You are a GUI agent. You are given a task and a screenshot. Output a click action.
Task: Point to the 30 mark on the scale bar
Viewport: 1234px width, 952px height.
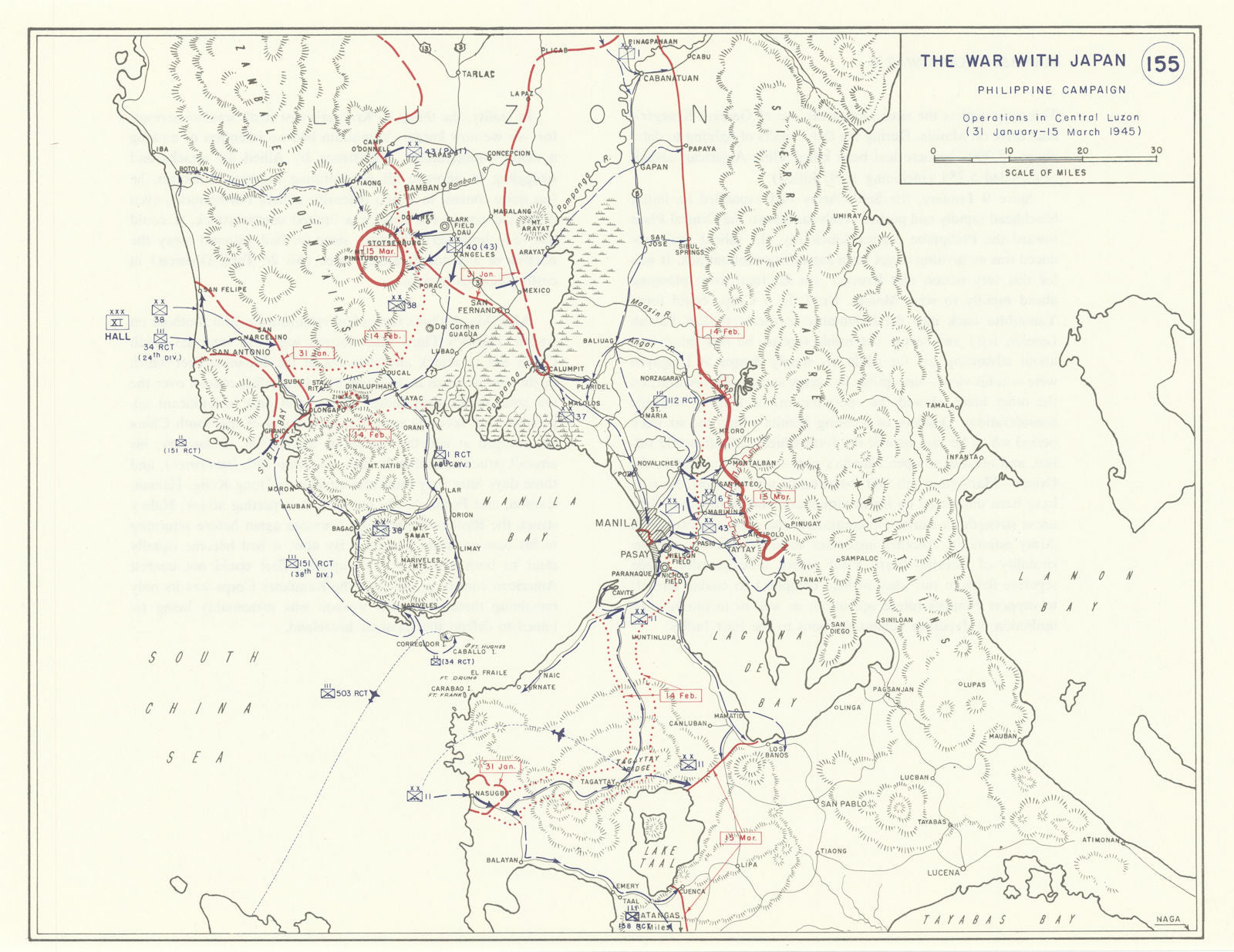tap(1155, 151)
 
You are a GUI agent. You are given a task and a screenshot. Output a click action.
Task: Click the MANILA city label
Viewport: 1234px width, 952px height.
tap(616, 523)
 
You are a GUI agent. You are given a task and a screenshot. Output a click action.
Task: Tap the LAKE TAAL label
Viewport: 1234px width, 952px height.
tap(659, 857)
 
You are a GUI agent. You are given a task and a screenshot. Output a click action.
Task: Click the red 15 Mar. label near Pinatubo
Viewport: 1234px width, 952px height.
tap(380, 252)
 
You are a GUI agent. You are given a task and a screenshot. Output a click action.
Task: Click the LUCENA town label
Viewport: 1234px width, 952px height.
tap(943, 873)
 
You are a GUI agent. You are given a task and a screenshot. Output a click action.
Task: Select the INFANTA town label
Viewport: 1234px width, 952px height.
tap(963, 456)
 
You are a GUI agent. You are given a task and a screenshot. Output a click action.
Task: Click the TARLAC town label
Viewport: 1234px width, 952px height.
tap(477, 75)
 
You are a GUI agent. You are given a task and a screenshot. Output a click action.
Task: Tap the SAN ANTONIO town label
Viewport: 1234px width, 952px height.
tap(241, 352)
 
